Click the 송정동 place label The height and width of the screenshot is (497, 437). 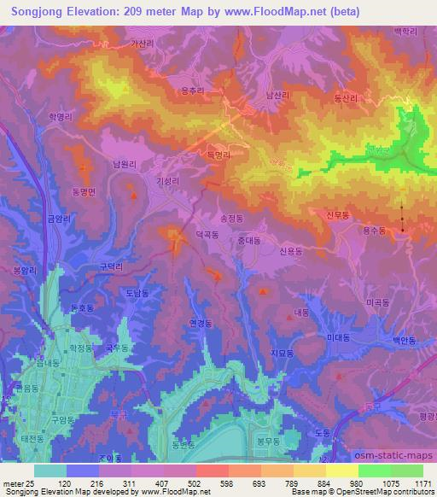pyautogui.click(x=233, y=219)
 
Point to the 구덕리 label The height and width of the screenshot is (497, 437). pyautogui.click(x=114, y=266)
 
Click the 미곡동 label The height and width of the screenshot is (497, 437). pyautogui.click(x=377, y=302)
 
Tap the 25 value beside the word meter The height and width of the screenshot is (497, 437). pyautogui.click(x=30, y=482)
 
